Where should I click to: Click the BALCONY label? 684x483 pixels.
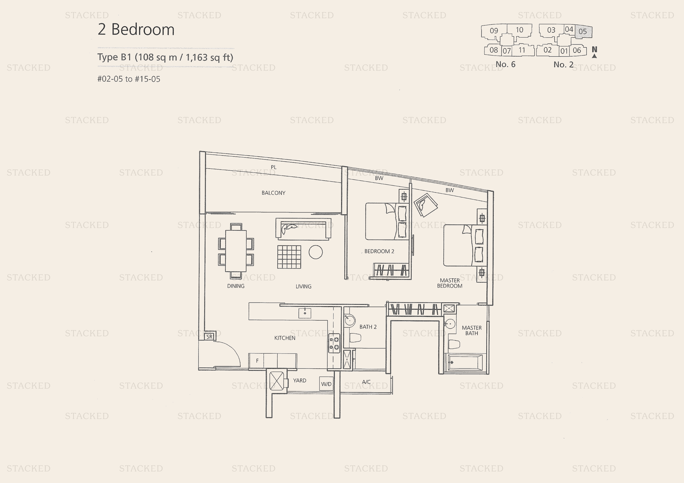273,193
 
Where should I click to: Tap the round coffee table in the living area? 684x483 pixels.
315,252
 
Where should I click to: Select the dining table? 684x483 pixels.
236,251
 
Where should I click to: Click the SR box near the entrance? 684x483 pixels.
209,337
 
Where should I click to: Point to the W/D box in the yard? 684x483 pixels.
326,384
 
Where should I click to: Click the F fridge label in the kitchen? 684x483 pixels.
257,361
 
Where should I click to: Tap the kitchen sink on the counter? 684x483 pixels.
305,313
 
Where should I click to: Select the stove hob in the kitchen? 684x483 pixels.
334,343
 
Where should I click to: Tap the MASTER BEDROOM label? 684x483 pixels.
450,283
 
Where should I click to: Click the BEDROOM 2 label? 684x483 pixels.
379,251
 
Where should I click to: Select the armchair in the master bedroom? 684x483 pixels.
425,205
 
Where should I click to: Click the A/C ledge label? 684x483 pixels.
366,382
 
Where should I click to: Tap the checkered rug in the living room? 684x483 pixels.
289,257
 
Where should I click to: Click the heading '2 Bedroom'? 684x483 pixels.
136,29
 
